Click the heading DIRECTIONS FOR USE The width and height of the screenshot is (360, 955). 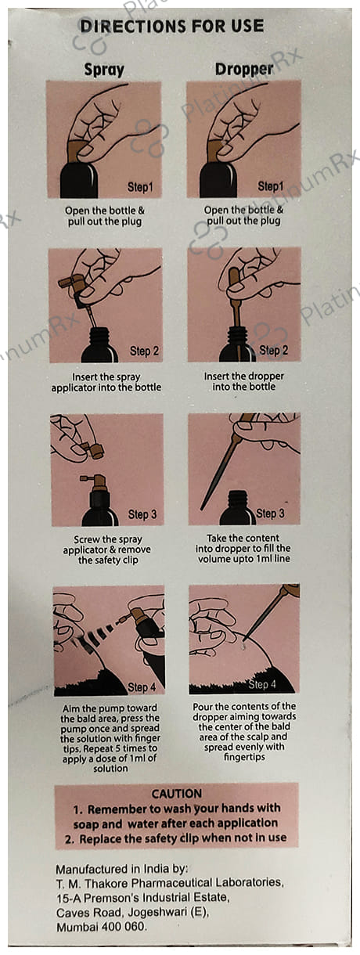point(172,26)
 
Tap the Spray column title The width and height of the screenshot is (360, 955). point(104,70)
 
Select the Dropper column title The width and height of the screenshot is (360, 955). point(243,69)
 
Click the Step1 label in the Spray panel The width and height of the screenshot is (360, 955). point(140,187)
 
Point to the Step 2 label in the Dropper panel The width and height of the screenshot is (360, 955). point(273,351)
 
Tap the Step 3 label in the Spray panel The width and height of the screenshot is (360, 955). point(142,514)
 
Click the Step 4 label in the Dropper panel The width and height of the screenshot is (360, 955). point(262,684)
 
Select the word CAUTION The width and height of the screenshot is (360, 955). point(177,794)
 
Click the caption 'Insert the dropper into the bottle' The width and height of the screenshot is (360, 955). point(243,381)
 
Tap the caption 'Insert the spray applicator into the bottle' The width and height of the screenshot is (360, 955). point(106,382)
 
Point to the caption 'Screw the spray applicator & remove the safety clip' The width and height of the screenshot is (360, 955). point(107,550)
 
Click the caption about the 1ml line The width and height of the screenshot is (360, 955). point(243,548)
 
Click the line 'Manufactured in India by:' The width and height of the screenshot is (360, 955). point(122,868)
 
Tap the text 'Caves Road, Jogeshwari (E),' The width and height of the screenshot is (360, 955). point(132,913)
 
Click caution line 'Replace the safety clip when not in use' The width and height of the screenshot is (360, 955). point(175,838)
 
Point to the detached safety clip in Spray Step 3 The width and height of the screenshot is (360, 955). point(93,449)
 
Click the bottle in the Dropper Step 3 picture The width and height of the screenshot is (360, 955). point(237,508)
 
